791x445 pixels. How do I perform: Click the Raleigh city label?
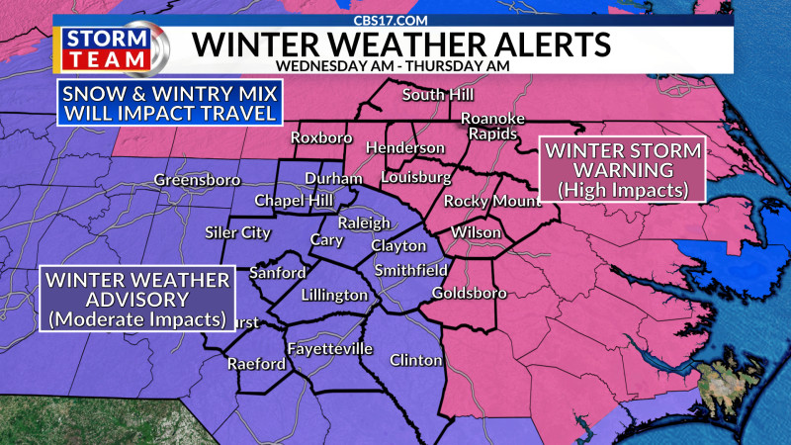click(x=364, y=222)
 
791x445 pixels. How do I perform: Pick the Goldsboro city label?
click(x=470, y=293)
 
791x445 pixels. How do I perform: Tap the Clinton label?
click(x=416, y=360)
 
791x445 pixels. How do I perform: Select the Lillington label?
click(x=334, y=296)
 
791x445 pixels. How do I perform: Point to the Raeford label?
click(x=256, y=364)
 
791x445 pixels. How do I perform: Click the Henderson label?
click(x=405, y=147)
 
